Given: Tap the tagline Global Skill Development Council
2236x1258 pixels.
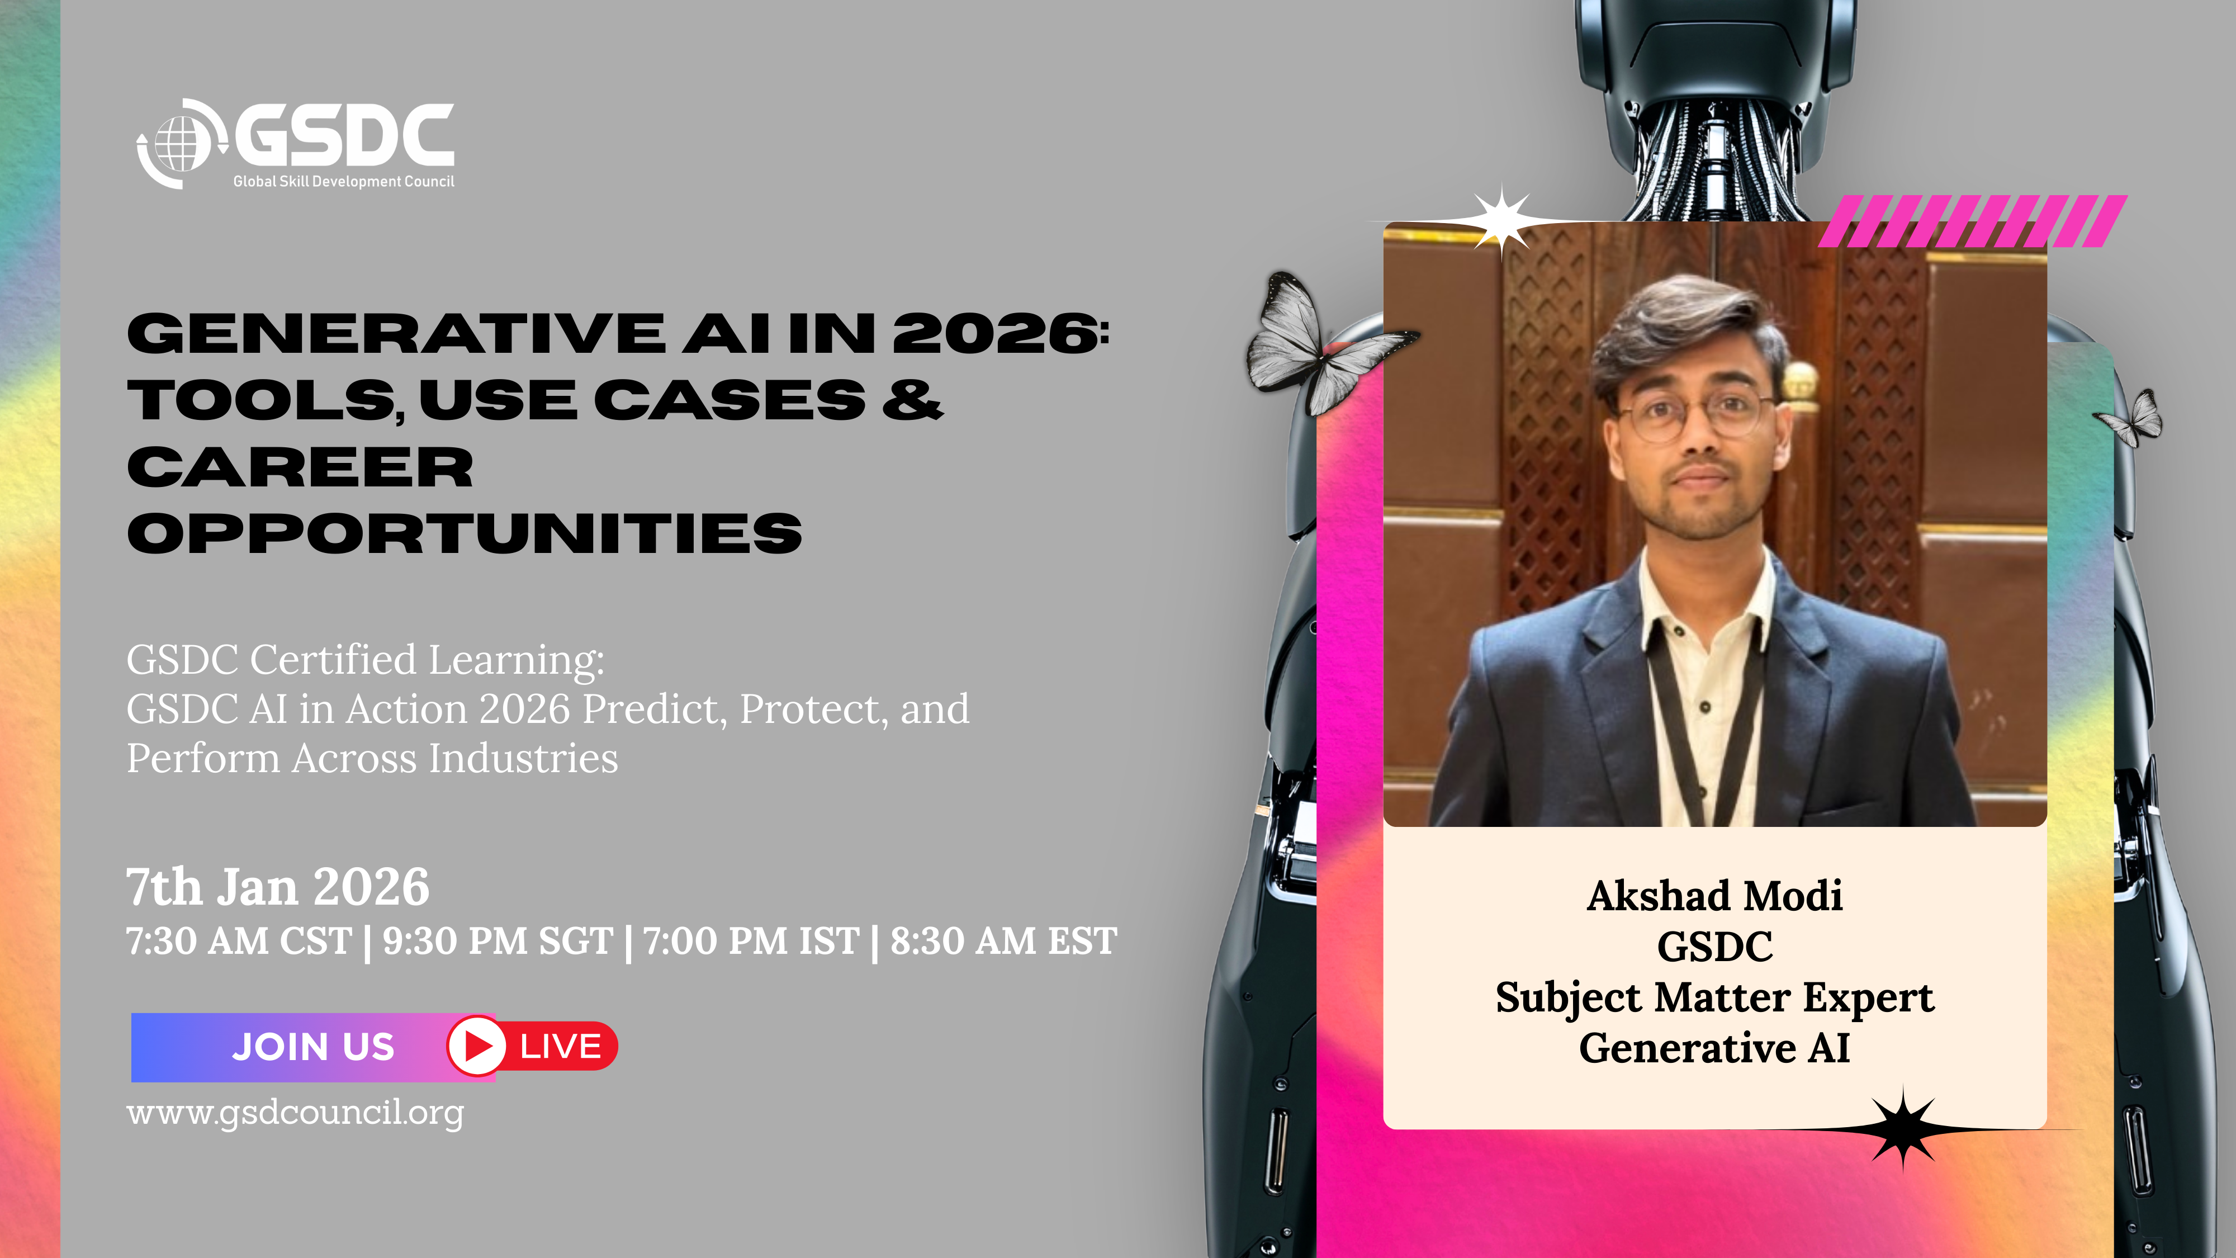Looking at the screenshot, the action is tap(344, 182).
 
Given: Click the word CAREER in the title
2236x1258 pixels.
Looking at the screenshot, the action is tap(300, 467).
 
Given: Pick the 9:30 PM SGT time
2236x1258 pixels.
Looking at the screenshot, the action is tap(498, 941).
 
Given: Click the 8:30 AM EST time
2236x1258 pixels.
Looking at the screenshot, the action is tap(1003, 941).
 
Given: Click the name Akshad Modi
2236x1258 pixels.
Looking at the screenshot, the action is tap(1714, 895).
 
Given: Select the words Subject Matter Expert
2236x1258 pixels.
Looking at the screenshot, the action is tap(1714, 997).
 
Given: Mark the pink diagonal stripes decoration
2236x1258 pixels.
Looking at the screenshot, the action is tap(1972, 221).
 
